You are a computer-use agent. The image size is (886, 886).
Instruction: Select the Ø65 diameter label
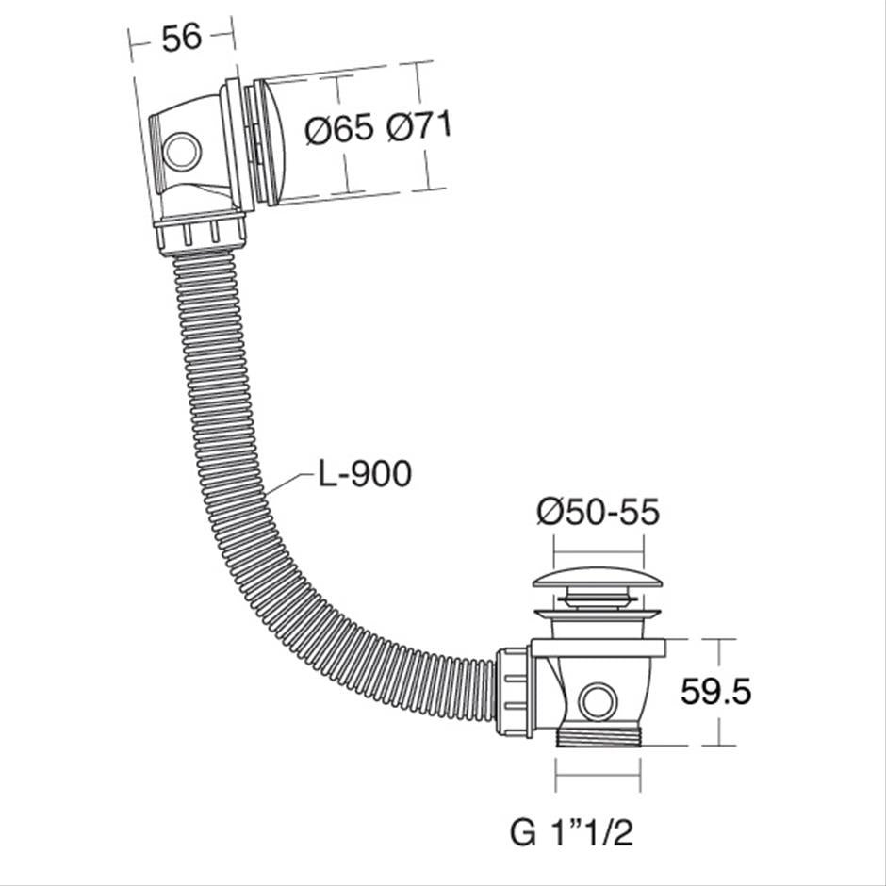click(x=340, y=129)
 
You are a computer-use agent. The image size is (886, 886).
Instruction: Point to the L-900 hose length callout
click(x=364, y=474)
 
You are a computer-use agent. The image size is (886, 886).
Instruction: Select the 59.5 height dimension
click(x=716, y=692)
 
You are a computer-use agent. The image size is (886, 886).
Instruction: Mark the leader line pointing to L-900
click(x=288, y=481)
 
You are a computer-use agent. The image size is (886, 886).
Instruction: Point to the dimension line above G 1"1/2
click(x=598, y=779)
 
